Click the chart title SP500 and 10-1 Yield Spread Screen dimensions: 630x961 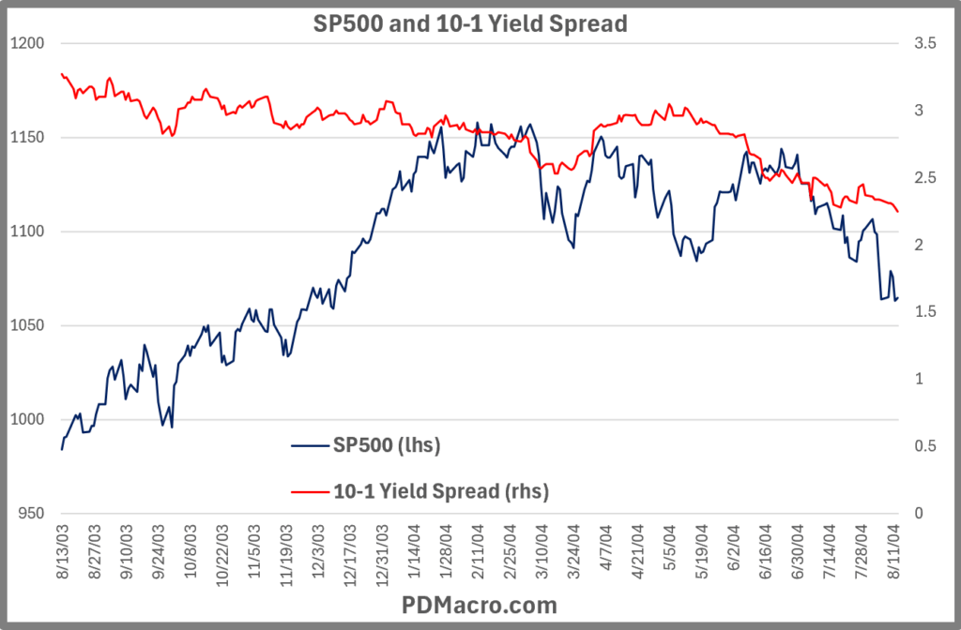[469, 24]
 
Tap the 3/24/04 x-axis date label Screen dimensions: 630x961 [574, 552]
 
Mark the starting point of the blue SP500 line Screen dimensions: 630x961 [62, 450]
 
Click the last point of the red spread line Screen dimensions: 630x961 [898, 211]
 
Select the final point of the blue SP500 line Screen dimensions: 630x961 [898, 299]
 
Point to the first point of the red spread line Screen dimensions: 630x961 [62, 73]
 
